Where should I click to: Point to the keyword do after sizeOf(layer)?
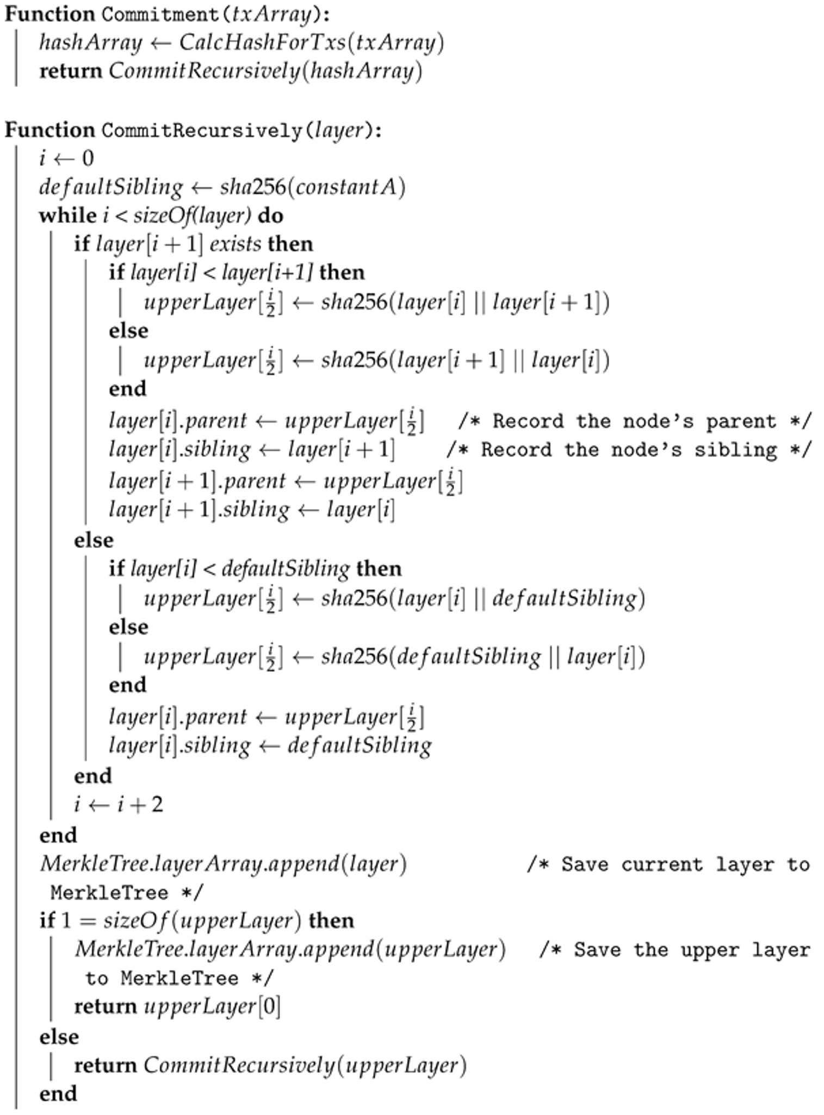pyautogui.click(x=270, y=216)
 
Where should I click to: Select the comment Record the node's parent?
pyautogui.click(x=635, y=422)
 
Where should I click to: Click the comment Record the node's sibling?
pyautogui.click(x=629, y=450)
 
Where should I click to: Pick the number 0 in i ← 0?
pyautogui.click(x=88, y=159)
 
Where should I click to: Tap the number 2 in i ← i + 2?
pyautogui.click(x=157, y=804)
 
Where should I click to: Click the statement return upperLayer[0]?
pyautogui.click(x=177, y=1007)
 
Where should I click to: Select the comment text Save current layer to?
pyautogui.click(x=668, y=864)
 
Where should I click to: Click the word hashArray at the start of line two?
pyautogui.click(x=90, y=43)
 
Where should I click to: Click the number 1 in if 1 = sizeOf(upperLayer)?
pyautogui.click(x=66, y=921)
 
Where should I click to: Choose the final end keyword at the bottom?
pyautogui.click(x=58, y=1093)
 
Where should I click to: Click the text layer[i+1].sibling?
pyautogui.click(x=199, y=510)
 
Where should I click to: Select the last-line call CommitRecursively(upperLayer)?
pyautogui.click(x=305, y=1065)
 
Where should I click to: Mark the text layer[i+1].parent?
pyautogui.click(x=197, y=481)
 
